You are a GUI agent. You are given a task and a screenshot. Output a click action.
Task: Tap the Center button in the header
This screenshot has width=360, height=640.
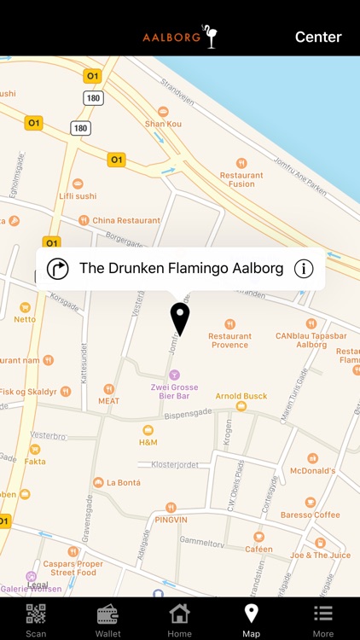click(318, 37)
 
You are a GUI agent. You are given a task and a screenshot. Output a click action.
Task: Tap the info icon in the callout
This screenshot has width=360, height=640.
click(304, 269)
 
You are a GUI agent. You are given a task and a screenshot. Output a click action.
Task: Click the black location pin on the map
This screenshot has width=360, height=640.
click(179, 318)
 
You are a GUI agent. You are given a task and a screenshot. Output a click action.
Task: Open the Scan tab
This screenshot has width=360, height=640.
click(36, 619)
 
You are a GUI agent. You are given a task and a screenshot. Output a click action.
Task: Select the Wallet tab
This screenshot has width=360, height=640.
click(107, 619)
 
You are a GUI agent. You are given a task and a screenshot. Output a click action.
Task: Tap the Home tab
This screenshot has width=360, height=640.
click(179, 619)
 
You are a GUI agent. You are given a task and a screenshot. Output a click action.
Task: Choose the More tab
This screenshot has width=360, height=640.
click(323, 619)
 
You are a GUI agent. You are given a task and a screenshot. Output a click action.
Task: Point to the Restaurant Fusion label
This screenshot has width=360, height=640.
click(241, 179)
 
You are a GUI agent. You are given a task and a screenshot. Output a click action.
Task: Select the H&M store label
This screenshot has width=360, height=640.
click(148, 442)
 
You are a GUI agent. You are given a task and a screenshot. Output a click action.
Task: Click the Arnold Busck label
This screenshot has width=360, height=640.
click(241, 396)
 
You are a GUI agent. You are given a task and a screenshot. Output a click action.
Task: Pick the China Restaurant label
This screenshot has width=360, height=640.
click(125, 220)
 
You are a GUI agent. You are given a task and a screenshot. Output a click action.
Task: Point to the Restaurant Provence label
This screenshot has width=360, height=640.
click(229, 340)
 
